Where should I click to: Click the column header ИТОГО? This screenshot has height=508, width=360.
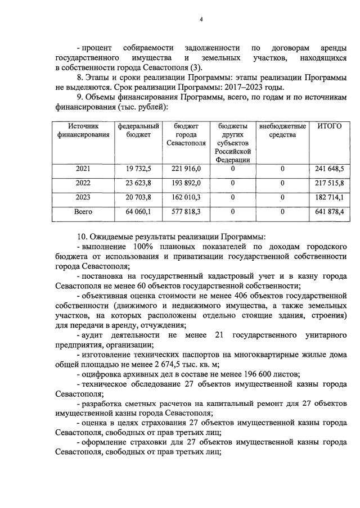click(329, 126)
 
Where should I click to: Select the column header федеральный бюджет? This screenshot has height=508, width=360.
click(138, 130)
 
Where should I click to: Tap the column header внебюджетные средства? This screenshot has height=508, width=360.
click(282, 130)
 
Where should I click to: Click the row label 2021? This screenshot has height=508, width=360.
click(83, 169)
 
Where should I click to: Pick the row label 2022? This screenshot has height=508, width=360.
click(83, 183)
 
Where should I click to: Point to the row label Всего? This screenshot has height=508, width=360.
click(83, 212)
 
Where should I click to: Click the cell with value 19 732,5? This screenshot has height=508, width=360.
click(138, 169)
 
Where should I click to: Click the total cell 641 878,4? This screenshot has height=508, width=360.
click(329, 212)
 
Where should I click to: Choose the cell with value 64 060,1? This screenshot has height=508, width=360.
click(138, 212)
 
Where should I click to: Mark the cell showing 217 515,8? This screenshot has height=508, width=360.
click(329, 183)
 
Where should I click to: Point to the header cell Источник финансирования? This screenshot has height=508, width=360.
click(83, 130)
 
